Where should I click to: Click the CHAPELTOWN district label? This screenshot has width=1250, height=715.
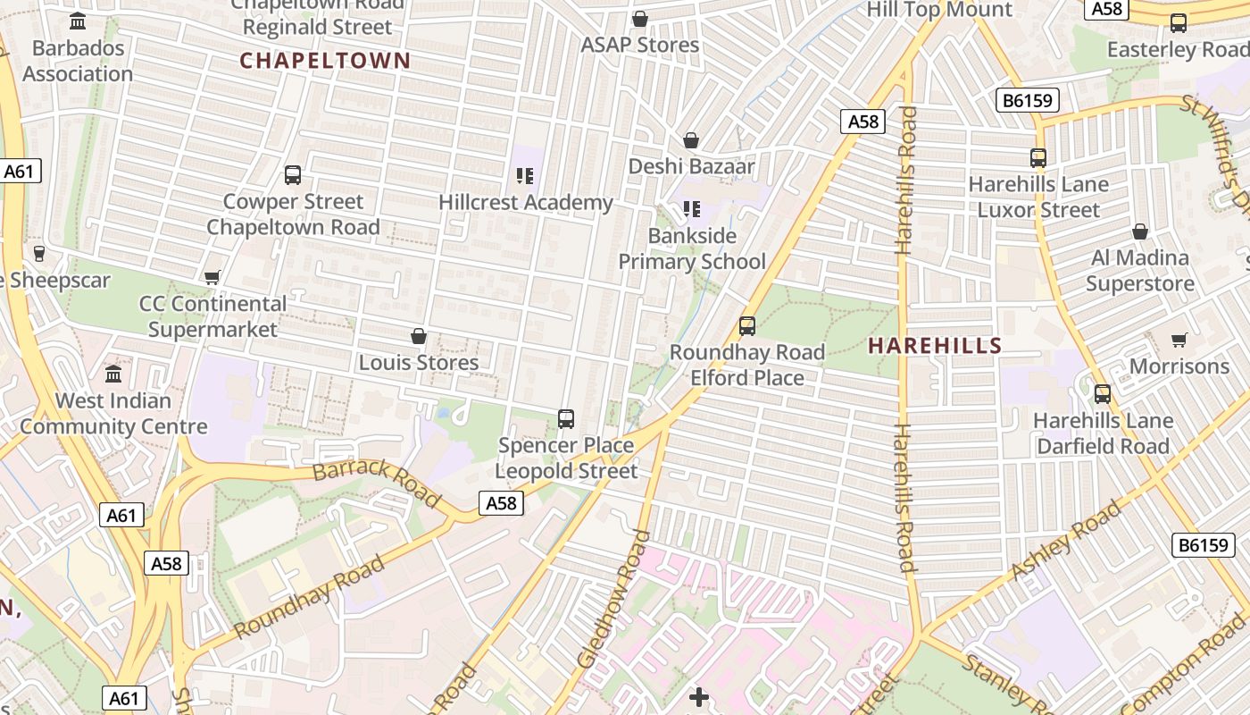pos(325,61)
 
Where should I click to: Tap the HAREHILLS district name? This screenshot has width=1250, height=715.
pos(935,345)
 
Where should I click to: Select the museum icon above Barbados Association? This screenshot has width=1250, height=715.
pos(78,21)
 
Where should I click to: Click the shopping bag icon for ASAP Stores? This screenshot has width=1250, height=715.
pos(640,19)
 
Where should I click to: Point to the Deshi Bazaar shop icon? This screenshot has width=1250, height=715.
pos(690,140)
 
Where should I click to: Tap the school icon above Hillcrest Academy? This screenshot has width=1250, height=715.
pos(525,176)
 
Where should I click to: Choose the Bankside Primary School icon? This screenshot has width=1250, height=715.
pos(692,209)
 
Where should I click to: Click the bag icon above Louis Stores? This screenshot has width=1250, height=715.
pos(418,336)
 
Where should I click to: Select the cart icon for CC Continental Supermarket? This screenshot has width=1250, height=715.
pos(212,278)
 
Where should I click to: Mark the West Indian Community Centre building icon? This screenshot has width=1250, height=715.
pos(113,374)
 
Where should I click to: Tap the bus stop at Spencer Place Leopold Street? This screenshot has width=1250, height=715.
pos(566,418)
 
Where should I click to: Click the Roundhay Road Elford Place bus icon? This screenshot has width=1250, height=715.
pos(747,326)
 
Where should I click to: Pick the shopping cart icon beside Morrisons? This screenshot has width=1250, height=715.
pos(1179,340)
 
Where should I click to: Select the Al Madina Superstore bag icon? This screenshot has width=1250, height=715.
pos(1140,231)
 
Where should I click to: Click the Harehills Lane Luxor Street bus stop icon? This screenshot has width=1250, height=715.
pos(1038,158)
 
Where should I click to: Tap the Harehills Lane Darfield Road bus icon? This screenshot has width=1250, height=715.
pos(1103,393)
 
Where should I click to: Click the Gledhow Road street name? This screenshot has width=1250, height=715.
pos(614,599)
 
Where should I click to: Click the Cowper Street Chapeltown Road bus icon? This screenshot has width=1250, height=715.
pos(293,175)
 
